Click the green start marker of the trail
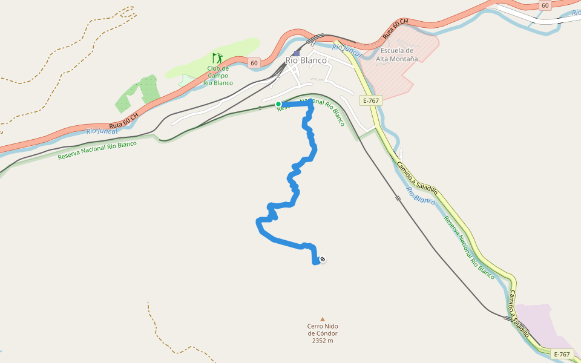tap(278, 104)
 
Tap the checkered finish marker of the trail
tap(323, 260)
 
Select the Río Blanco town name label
tap(306, 60)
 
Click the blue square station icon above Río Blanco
tap(296, 53)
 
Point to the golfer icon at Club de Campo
tap(217, 58)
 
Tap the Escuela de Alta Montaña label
tap(397, 54)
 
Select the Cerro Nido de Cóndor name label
tap(322, 330)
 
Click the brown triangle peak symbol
tap(323, 319)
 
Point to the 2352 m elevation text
tap(323, 341)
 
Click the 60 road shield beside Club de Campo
tap(253, 62)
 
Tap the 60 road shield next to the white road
tap(545, 5)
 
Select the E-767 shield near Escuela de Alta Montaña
tap(371, 100)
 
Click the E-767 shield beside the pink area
tap(562, 354)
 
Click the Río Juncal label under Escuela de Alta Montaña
tap(347, 51)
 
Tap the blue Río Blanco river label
tap(421, 195)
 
